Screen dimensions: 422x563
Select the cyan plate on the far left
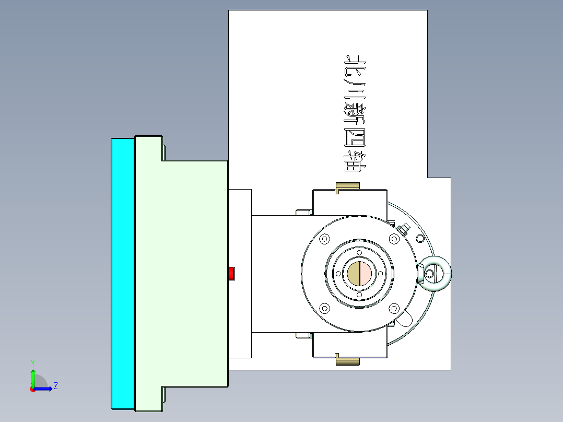click(123, 273)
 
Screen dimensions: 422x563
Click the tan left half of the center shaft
click(354, 274)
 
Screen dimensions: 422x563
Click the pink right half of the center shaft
click(366, 274)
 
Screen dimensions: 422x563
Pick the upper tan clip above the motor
click(347, 187)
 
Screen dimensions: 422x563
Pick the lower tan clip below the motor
click(347, 360)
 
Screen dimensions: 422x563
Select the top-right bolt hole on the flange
click(394, 239)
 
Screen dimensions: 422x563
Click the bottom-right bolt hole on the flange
click(394, 308)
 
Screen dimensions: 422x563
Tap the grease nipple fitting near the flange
click(403, 228)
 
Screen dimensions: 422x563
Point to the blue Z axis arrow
click(45, 389)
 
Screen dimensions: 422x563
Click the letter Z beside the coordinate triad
click(55, 386)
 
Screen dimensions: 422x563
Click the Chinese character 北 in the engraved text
click(355, 65)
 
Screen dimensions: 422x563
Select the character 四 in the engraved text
click(355, 137)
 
